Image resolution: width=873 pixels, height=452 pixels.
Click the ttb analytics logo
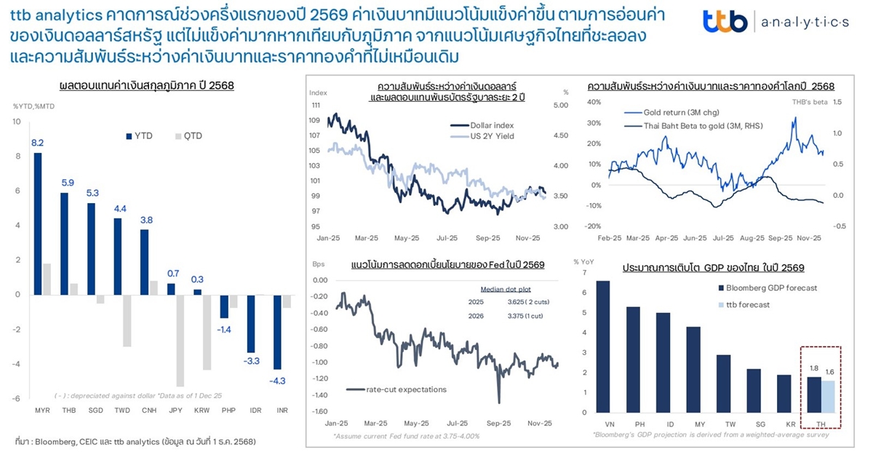point(776,22)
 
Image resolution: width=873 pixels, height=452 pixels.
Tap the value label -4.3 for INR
point(277,380)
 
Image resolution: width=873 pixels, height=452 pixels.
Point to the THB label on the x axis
point(68,411)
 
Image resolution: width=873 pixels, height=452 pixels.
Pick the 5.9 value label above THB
point(68,183)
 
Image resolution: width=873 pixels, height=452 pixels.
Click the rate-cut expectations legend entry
point(396,389)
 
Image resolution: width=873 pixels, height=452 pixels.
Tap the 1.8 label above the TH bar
point(814,369)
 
